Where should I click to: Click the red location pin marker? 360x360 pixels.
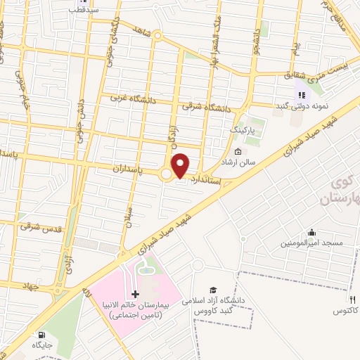click(181, 165)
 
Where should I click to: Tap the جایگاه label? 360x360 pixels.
click(41, 345)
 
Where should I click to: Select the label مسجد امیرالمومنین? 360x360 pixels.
click(312, 243)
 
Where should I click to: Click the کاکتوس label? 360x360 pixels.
click(345, 309)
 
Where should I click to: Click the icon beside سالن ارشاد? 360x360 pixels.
click(238, 151)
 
